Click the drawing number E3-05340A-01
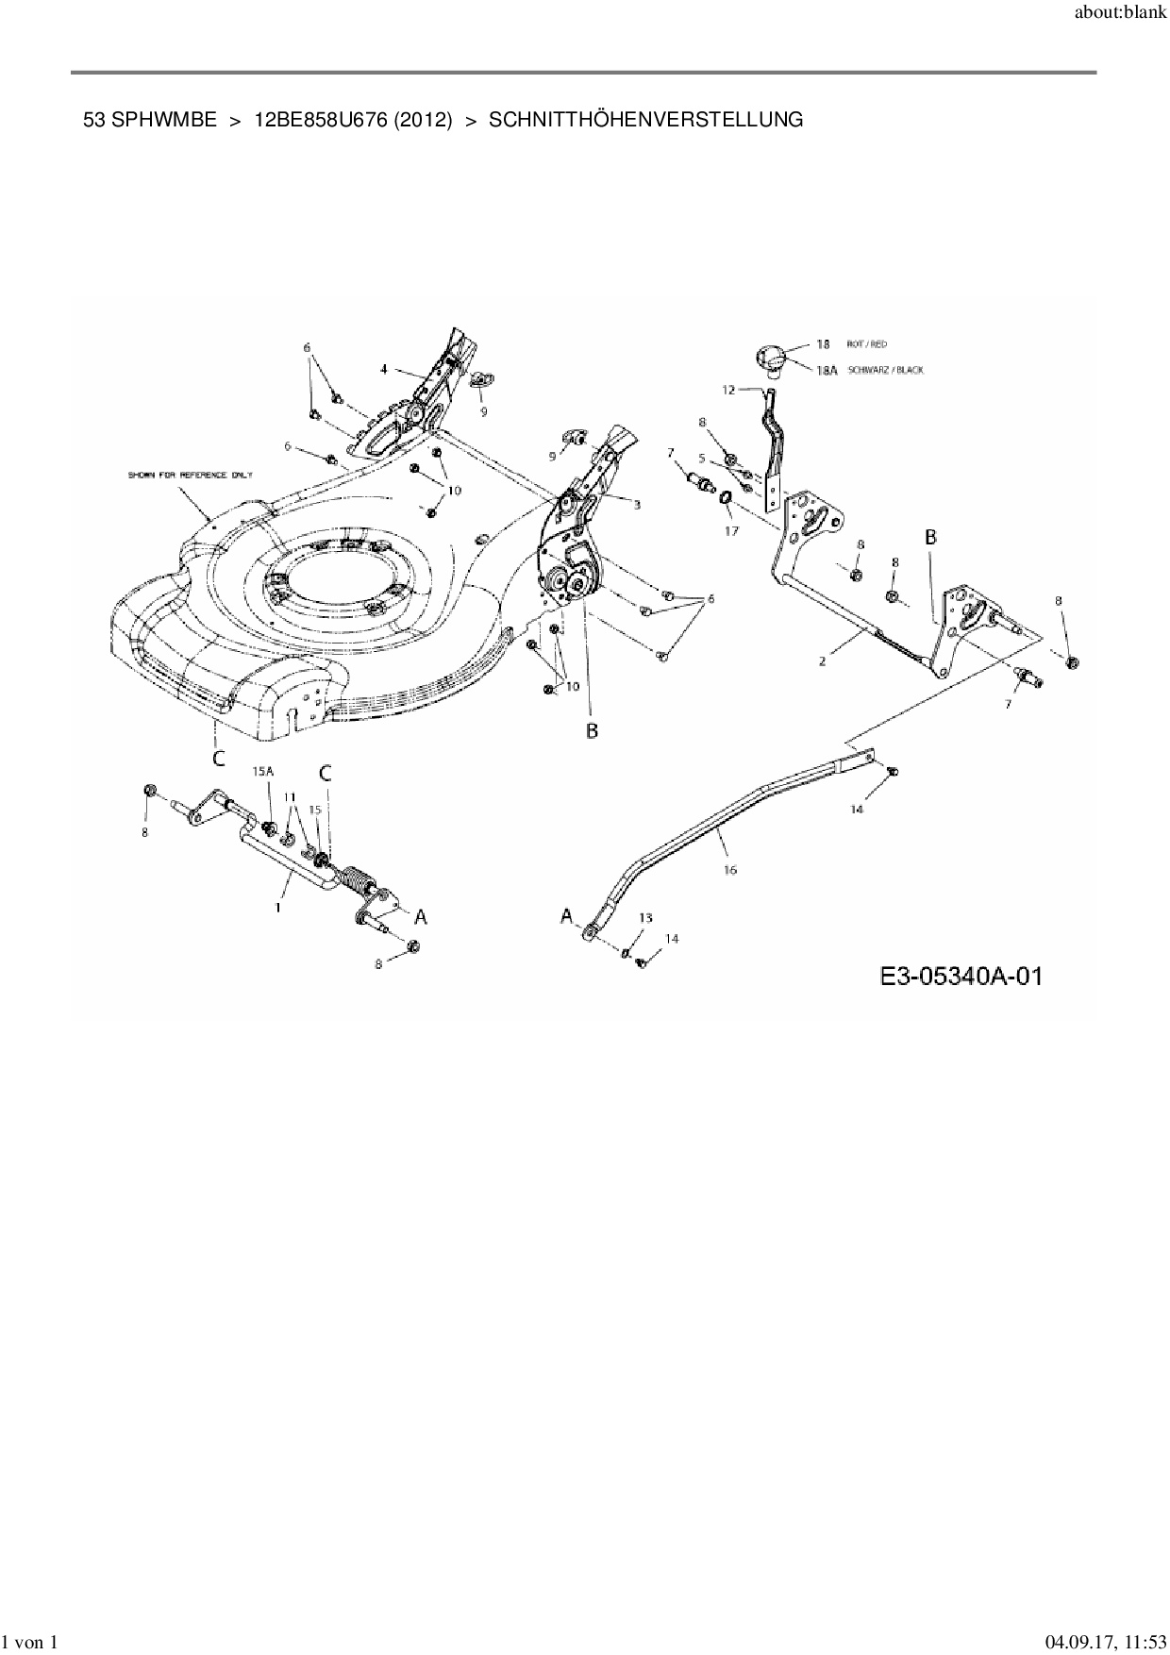point(961,976)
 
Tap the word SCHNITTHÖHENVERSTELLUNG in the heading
point(646,120)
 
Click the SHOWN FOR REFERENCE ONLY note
point(191,475)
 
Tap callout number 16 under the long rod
point(729,870)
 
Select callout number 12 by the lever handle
point(728,389)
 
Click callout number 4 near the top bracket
point(383,370)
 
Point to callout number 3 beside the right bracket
point(637,506)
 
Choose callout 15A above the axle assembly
point(262,771)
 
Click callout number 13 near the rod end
point(645,917)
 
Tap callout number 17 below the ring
point(731,530)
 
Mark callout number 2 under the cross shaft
point(822,661)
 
